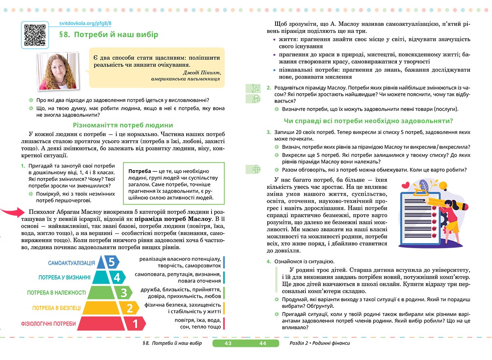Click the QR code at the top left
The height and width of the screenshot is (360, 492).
(34, 34)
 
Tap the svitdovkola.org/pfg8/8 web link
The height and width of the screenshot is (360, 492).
(86, 25)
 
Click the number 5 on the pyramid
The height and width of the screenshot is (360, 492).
(112, 262)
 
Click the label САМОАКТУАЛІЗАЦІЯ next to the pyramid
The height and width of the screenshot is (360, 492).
(71, 263)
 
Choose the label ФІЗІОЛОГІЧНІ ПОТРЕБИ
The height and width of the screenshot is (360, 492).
(48, 324)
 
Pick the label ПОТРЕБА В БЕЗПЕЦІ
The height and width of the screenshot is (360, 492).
(57, 308)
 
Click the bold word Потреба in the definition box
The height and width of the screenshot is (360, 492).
(140, 171)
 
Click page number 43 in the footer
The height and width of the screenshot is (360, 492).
(228, 343)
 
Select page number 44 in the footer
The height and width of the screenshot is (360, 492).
(263, 343)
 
